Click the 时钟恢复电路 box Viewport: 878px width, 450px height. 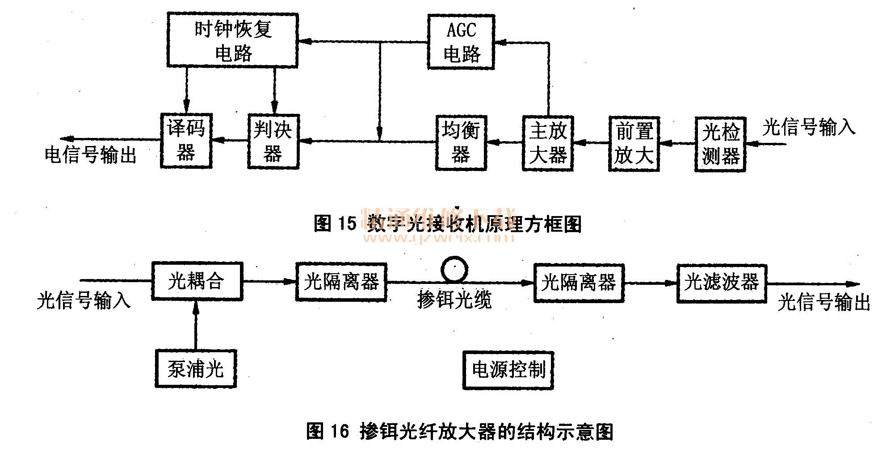pyautogui.click(x=232, y=41)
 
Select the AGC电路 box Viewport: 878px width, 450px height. pyautogui.click(x=461, y=42)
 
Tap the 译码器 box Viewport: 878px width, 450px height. pyautogui.click(x=186, y=141)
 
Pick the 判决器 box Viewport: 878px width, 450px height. pyautogui.click(x=273, y=142)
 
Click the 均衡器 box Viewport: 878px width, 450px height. pyautogui.click(x=461, y=143)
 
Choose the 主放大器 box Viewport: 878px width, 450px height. pyautogui.click(x=548, y=143)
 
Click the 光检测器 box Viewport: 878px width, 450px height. pyautogui.click(x=720, y=144)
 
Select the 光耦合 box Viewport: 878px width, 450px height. pyautogui.click(x=197, y=281)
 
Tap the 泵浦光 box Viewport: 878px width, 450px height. pyautogui.click(x=196, y=369)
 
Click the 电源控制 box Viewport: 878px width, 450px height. pyautogui.click(x=508, y=370)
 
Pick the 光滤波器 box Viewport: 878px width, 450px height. pyautogui.click(x=722, y=283)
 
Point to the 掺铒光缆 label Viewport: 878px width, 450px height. pyautogui.click(x=454, y=300)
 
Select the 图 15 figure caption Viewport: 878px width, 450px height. pyautogui.click(x=447, y=223)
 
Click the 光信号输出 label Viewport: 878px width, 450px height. pyautogui.click(x=823, y=302)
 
